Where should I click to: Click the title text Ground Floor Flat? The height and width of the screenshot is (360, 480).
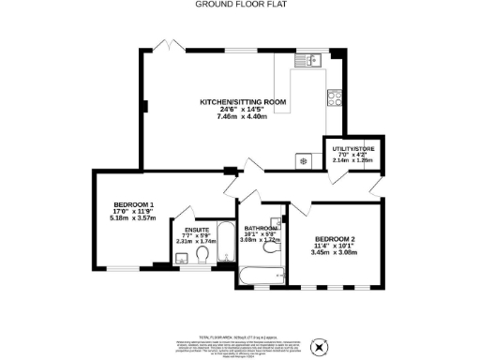240,4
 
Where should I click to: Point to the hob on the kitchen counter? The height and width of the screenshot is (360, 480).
334,96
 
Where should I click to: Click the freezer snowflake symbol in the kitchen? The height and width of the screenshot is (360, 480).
303,161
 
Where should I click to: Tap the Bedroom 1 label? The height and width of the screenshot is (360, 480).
134,205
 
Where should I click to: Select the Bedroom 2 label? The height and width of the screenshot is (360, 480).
335,238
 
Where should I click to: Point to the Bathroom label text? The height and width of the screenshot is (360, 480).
261,228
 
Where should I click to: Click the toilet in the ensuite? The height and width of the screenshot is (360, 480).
203,254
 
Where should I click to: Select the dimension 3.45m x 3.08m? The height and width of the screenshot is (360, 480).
335,253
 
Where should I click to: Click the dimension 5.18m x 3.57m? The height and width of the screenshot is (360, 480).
134,219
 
